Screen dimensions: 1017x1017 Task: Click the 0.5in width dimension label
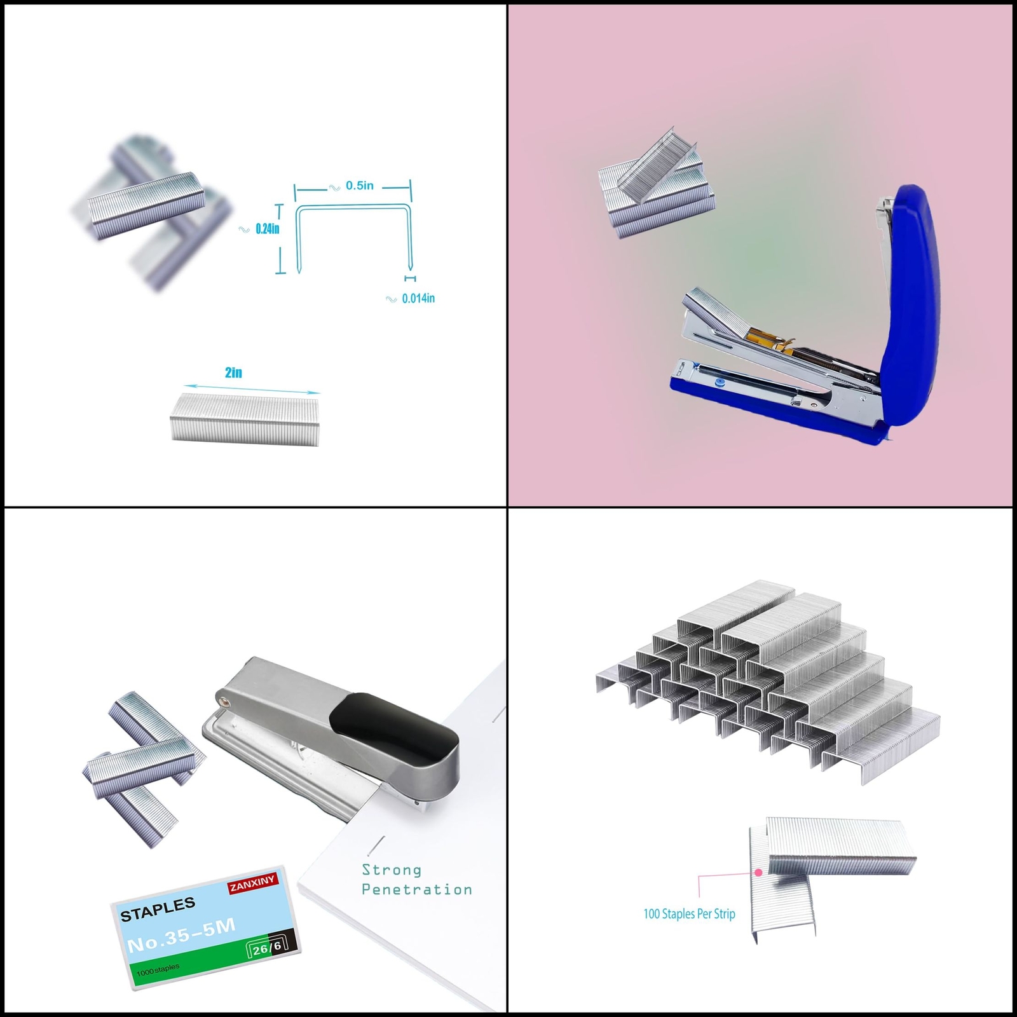coord(360,186)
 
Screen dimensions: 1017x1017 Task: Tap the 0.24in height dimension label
coord(267,229)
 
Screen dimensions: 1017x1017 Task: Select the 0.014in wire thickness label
coord(418,298)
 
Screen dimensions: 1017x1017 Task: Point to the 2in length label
coord(233,372)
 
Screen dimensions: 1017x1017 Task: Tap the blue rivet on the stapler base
coord(720,383)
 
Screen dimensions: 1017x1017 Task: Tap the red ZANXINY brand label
coord(253,883)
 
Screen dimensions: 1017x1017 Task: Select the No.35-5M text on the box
coord(181,935)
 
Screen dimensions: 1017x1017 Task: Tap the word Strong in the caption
coord(392,870)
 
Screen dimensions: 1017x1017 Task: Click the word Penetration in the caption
coord(417,889)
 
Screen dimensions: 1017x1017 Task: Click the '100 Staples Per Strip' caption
coord(689,913)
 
